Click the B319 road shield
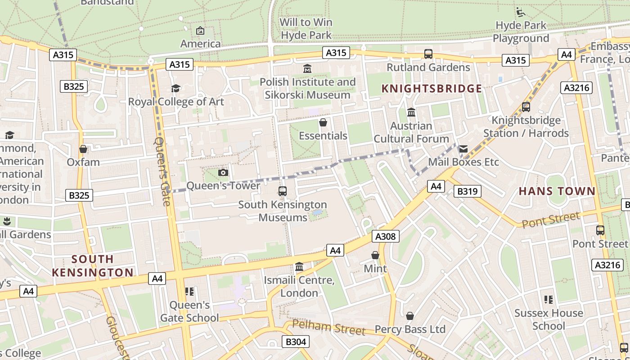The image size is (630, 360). [468, 191]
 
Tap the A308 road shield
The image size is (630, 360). [386, 236]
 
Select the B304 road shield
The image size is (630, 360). [296, 342]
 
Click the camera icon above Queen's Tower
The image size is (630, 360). [223, 172]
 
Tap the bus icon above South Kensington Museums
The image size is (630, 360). [283, 191]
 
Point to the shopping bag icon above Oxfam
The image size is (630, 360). [83, 149]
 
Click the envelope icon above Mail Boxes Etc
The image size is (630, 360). [463, 149]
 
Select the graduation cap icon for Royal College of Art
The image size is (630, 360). [175, 88]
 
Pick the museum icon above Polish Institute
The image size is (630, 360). [307, 68]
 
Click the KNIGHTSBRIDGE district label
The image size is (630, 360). [432, 89]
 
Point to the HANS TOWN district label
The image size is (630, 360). [557, 191]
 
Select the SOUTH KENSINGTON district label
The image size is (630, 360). [92, 265]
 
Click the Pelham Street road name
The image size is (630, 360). [328, 327]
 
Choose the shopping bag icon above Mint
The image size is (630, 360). [375, 256]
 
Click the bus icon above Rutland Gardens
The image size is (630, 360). [428, 54]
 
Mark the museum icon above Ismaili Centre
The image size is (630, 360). [299, 267]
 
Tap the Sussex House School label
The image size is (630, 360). [549, 319]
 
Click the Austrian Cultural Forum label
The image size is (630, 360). [411, 132]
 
